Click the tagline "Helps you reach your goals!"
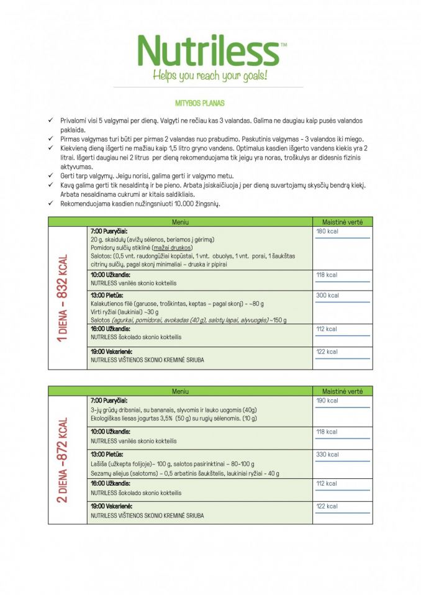pos(210,76)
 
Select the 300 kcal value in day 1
pos(327,296)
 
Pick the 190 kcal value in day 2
pos(327,401)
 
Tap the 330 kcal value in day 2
pos(327,455)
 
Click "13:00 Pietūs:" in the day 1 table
pos(107,295)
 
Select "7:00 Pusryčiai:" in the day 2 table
pos(109,401)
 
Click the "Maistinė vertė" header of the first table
pos(342,222)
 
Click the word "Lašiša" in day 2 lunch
pos(100,464)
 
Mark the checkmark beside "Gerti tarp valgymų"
pos(51,176)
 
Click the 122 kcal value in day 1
pos(327,352)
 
